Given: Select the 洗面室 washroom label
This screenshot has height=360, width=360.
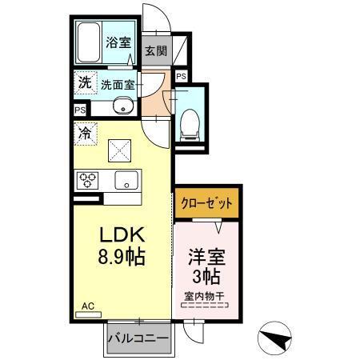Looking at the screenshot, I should (117, 82).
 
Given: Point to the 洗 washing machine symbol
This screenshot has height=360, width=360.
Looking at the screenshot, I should (84, 81).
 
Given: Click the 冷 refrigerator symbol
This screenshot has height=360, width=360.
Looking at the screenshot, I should (84, 133).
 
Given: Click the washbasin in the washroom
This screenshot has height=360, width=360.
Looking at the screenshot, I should (122, 106).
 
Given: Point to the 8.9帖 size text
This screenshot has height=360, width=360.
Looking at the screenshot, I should (121, 259).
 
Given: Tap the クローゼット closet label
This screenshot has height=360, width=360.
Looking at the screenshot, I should (207, 204).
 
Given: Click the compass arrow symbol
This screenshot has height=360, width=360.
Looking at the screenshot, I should (277, 340).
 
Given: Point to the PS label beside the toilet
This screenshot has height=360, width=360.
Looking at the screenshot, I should (181, 76).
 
